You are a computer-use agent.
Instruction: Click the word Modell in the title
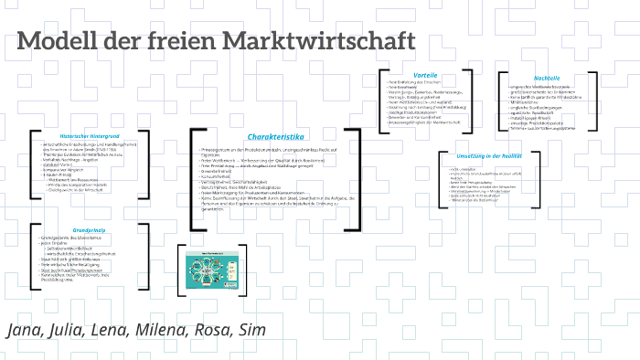coord(58,42)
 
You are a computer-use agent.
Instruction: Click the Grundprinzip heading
coord(89,204)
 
